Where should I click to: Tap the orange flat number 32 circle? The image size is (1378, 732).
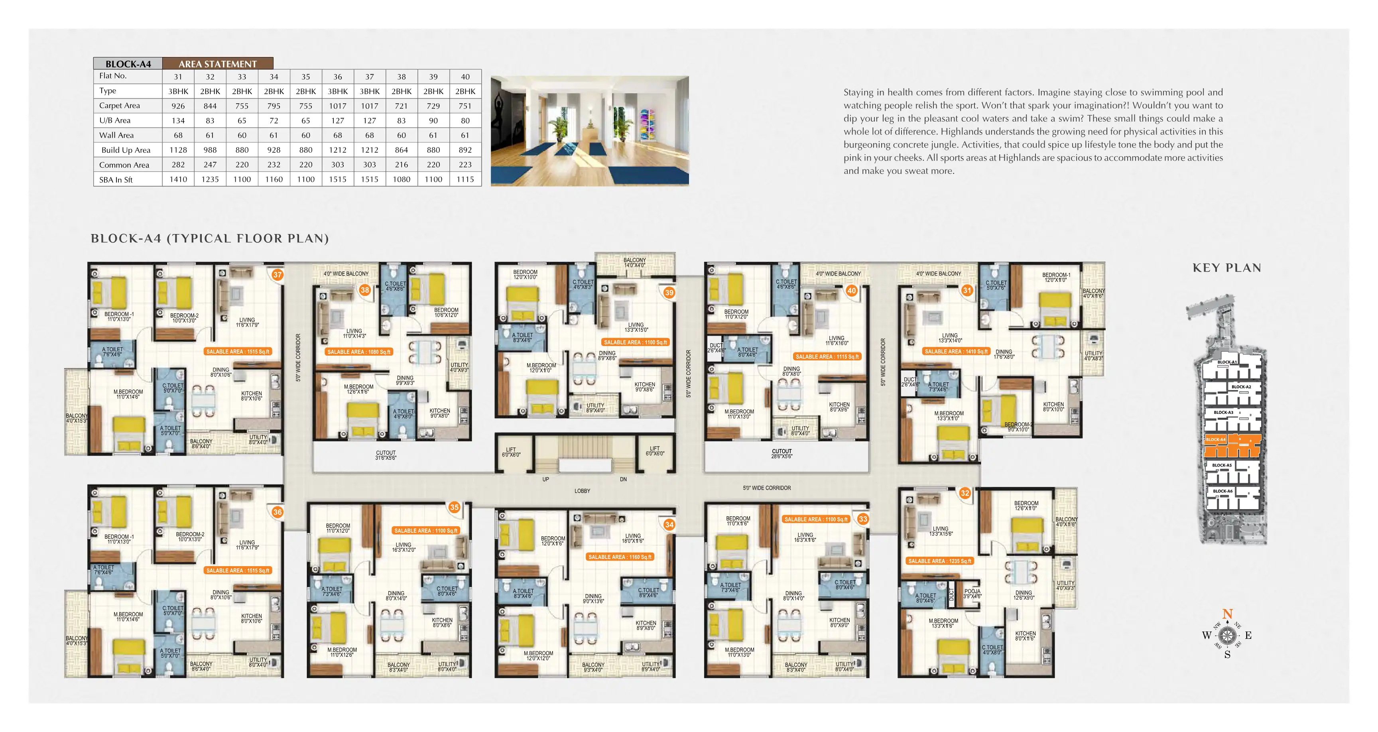965,493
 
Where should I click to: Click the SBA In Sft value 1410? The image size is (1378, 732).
178,179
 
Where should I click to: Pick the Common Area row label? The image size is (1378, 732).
124,165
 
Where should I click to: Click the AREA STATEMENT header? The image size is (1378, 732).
218,64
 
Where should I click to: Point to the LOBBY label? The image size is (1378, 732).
582,491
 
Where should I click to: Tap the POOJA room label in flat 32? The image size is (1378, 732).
972,593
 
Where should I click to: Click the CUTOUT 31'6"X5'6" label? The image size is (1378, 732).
386,455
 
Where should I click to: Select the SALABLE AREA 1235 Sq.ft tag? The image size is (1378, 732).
939,561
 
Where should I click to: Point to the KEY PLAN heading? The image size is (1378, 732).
1226,268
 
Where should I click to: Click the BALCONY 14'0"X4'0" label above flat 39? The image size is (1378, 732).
634,263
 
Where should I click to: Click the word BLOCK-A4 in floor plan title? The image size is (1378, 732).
126,239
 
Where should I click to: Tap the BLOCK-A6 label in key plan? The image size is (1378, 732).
1222,491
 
